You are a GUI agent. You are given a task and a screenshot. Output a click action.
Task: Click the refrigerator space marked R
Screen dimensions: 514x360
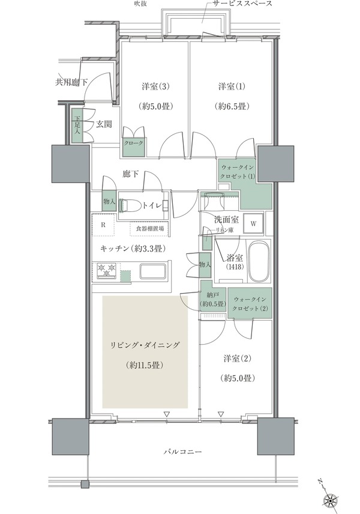[x=103, y=226]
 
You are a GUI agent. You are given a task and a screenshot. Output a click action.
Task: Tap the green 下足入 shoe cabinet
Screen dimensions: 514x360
[x=77, y=126]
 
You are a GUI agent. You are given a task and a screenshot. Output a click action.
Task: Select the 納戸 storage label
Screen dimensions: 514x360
[x=212, y=300]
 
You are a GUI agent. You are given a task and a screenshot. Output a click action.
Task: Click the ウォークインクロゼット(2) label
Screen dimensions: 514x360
[x=252, y=303]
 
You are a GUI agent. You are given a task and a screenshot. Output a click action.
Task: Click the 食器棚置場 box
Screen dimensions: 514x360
[x=149, y=229]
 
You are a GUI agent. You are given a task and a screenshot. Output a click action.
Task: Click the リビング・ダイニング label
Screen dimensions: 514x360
[x=146, y=345]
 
